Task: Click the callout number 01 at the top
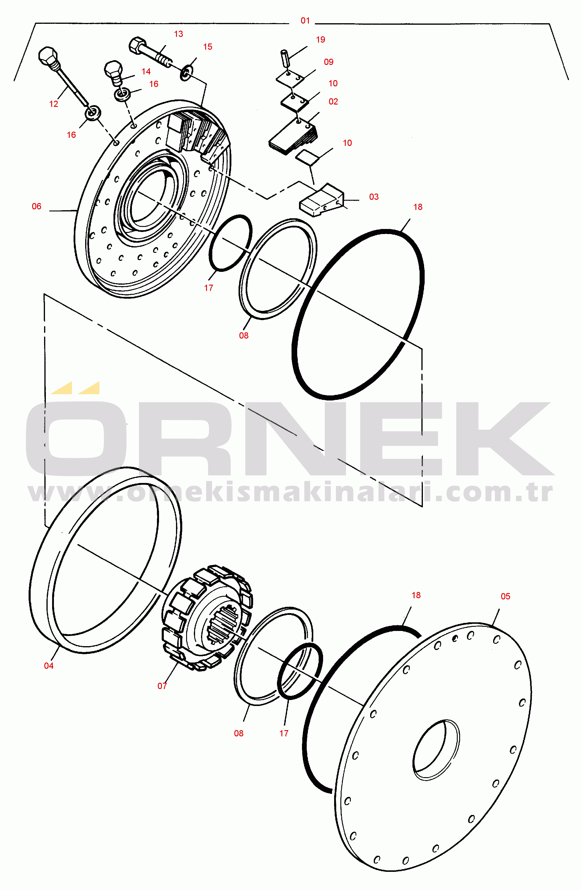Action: coord(305,21)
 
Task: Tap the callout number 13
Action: coord(178,34)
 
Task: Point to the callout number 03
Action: coord(374,197)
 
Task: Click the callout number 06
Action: coord(37,206)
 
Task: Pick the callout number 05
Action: coord(505,596)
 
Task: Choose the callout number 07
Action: coord(162,686)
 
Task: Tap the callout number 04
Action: coord(49,665)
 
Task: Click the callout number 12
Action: coord(54,104)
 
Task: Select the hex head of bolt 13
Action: coord(137,45)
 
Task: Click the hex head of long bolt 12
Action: coord(48,56)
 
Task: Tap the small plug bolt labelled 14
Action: coord(114,72)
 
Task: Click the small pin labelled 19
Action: coord(286,58)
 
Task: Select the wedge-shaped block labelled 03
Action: coord(321,200)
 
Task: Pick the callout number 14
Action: coord(146,71)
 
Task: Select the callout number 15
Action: coord(208,47)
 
